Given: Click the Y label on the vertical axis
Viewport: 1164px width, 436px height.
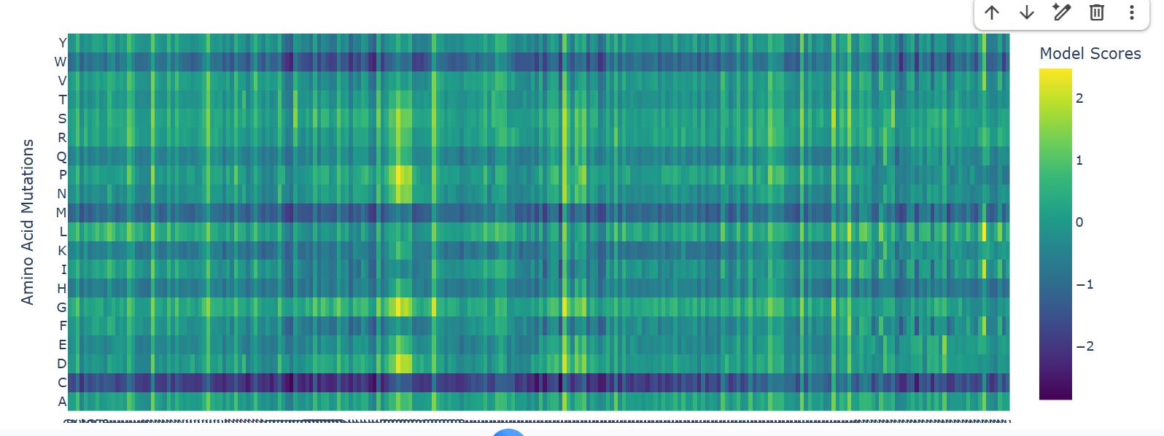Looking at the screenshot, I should (62, 43).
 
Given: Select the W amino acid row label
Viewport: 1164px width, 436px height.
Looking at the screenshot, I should (61, 62).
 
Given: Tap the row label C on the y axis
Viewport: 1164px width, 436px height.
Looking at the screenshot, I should (62, 382).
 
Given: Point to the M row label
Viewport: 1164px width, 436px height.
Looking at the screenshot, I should (61, 213).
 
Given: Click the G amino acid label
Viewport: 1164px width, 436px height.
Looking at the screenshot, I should (62, 308).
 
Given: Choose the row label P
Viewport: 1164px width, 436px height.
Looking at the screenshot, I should (63, 175).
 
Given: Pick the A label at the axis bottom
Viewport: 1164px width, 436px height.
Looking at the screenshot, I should (62, 401).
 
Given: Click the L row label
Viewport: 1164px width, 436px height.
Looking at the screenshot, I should (63, 232).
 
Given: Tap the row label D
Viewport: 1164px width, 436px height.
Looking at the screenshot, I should (62, 363).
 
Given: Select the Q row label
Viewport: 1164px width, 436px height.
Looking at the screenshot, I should (62, 156).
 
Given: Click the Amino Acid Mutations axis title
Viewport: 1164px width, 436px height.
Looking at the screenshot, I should (28, 222).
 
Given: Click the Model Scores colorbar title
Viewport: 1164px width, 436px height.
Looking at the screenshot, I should (1090, 53).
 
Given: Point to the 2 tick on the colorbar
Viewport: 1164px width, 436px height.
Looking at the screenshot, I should (1079, 98).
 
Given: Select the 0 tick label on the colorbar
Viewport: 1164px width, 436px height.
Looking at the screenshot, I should (1079, 222).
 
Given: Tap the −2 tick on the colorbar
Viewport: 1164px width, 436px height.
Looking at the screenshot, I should (1085, 346).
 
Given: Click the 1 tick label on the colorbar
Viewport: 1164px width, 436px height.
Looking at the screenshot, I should (1079, 160).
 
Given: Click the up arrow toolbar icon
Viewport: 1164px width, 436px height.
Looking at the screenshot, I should (991, 12).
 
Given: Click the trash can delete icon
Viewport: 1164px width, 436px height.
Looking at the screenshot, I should (1097, 12).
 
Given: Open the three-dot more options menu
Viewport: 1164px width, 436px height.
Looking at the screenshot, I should (1131, 12).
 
